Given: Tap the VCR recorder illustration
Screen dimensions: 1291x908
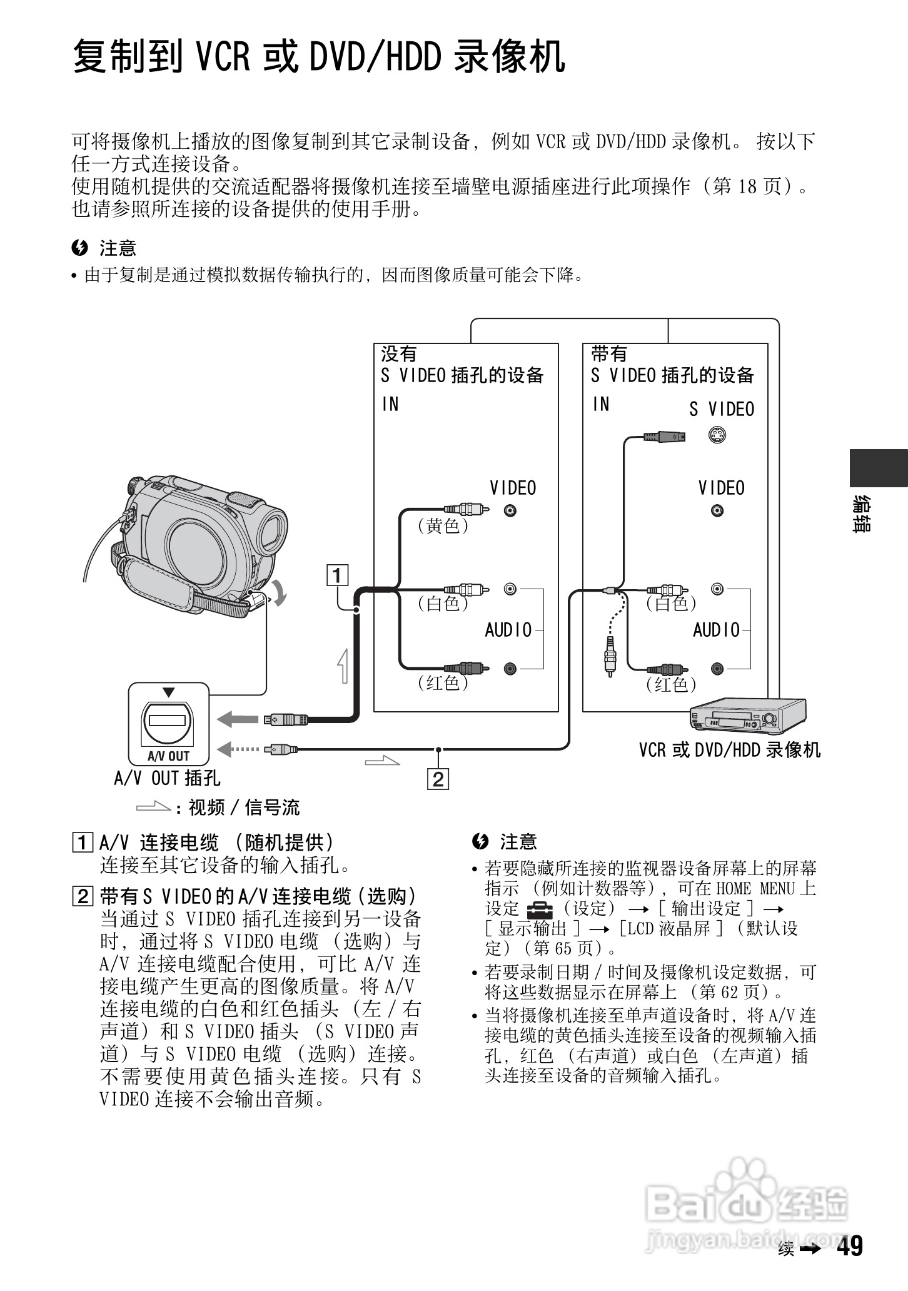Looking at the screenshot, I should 747,716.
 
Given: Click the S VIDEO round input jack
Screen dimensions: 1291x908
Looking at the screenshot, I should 717,435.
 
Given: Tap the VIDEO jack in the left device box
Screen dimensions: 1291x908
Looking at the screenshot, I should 511,510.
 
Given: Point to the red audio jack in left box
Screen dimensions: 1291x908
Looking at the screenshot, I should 511,668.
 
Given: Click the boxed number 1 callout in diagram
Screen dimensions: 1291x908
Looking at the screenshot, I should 338,574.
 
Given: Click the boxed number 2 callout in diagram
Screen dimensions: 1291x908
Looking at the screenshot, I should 438,779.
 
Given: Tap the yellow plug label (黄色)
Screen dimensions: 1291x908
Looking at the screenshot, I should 443,526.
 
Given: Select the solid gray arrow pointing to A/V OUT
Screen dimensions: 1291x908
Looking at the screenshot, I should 237,719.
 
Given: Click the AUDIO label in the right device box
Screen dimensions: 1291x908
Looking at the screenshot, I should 716,630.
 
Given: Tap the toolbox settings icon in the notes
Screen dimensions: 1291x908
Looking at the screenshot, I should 536,909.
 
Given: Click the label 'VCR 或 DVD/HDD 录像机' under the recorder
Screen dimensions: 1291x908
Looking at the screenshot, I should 729,749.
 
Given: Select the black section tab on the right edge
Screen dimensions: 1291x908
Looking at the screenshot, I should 878,467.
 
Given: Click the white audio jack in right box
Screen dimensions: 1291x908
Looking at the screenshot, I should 717,589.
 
